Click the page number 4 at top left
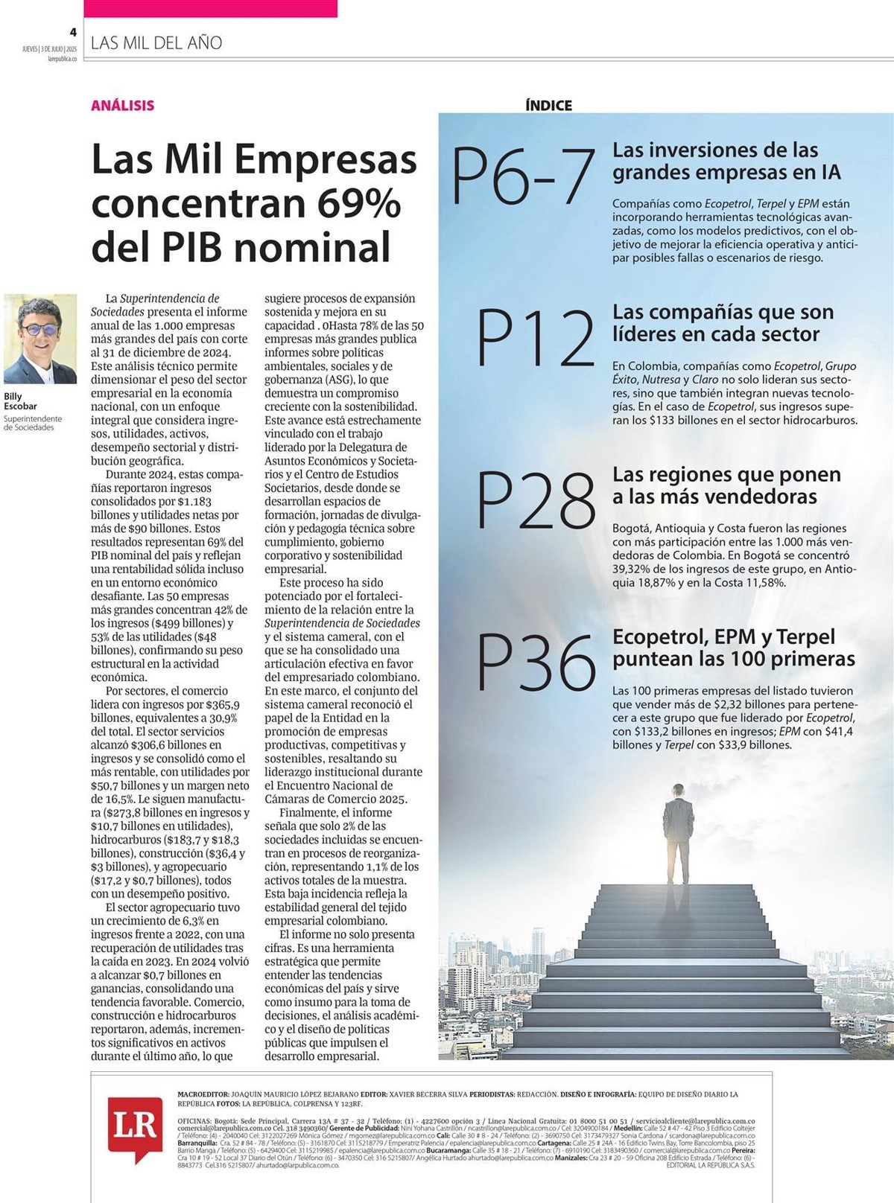click(x=73, y=32)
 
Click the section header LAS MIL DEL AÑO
click(x=156, y=43)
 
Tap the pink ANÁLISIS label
click(x=123, y=105)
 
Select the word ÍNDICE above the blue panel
click(x=548, y=106)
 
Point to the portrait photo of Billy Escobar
click(x=40, y=339)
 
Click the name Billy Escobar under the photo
click(x=20, y=401)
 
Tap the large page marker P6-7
click(x=523, y=177)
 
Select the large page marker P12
click(x=535, y=339)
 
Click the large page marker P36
click(x=535, y=662)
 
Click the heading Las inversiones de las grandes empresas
click(x=726, y=161)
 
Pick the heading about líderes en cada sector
click(x=723, y=323)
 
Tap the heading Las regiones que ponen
click(x=726, y=485)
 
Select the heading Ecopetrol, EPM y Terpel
click(x=733, y=648)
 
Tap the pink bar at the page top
click(x=210, y=8)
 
